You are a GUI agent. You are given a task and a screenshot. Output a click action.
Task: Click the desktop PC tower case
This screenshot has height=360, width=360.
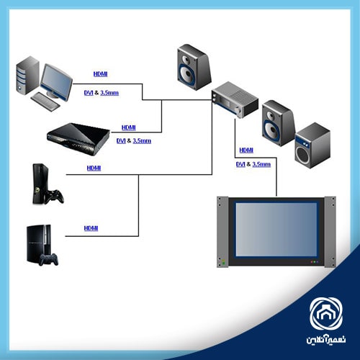pos(27,76)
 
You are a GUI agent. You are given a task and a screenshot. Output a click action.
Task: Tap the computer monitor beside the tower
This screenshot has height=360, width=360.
pos(57,81)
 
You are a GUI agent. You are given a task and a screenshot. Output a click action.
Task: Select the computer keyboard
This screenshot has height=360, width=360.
pos(45,102)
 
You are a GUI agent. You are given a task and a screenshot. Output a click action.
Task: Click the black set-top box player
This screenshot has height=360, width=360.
pos(78,139)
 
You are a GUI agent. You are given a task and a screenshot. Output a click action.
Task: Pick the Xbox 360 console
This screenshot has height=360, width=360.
pos(41,184)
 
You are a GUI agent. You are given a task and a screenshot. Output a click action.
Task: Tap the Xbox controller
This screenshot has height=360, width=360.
pos(55,196)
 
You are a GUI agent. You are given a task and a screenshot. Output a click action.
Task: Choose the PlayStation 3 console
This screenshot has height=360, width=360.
pos(39,243)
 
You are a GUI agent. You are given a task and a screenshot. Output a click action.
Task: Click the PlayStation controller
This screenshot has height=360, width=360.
pos(49,259)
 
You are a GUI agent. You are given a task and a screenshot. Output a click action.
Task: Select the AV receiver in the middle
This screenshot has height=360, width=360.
pos(235,99)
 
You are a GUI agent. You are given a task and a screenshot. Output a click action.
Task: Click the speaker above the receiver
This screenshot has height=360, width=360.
pos(194,67)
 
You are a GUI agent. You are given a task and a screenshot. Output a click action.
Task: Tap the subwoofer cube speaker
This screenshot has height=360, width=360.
pos(312,145)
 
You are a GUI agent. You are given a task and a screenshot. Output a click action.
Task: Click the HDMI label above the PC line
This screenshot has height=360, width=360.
pos(100,74)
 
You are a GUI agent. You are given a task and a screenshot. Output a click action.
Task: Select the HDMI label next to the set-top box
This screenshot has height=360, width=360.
pos(129,127)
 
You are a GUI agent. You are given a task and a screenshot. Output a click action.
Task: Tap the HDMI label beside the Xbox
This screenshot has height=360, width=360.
pos(94,168)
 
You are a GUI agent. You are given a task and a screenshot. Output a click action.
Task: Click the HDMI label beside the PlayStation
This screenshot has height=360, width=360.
pos(91,228)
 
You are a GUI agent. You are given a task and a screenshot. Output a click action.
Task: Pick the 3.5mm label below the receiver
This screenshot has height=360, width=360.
pos(261,164)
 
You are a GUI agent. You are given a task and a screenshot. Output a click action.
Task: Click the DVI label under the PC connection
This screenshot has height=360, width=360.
pos(89,93)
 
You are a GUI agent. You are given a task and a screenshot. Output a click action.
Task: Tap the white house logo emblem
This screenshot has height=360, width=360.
pos(326,314)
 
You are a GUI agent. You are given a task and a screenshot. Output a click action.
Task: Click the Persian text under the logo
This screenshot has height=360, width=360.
pos(326,340)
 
